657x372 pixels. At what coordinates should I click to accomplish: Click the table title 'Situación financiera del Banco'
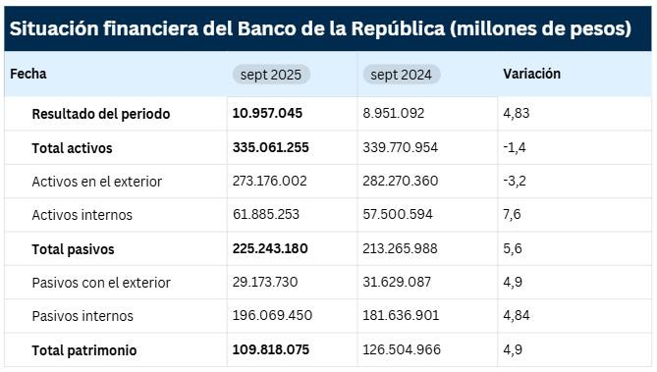320,28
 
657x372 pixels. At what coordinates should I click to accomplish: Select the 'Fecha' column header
28,74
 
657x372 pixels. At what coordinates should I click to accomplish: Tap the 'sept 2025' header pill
272,75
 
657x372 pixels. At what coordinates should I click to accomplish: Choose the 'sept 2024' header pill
402,75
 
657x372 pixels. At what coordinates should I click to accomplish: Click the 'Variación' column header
531,74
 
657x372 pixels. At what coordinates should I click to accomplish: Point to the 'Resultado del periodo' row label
101,114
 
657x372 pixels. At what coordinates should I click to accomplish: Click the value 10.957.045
267,114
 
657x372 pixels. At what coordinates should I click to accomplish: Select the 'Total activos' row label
72,148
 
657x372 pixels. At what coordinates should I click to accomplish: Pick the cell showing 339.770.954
401,148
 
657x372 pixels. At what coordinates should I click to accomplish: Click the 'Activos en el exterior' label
96,182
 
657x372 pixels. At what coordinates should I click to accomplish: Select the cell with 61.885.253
266,215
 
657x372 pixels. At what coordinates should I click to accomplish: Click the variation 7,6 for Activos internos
512,215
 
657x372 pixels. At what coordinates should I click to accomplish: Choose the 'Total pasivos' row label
73,249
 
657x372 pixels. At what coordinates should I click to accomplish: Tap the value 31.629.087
397,283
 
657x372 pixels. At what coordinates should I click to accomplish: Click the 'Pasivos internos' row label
82,316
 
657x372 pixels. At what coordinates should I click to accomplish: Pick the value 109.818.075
270,350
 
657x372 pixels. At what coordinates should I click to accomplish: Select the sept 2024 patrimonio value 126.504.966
401,350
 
